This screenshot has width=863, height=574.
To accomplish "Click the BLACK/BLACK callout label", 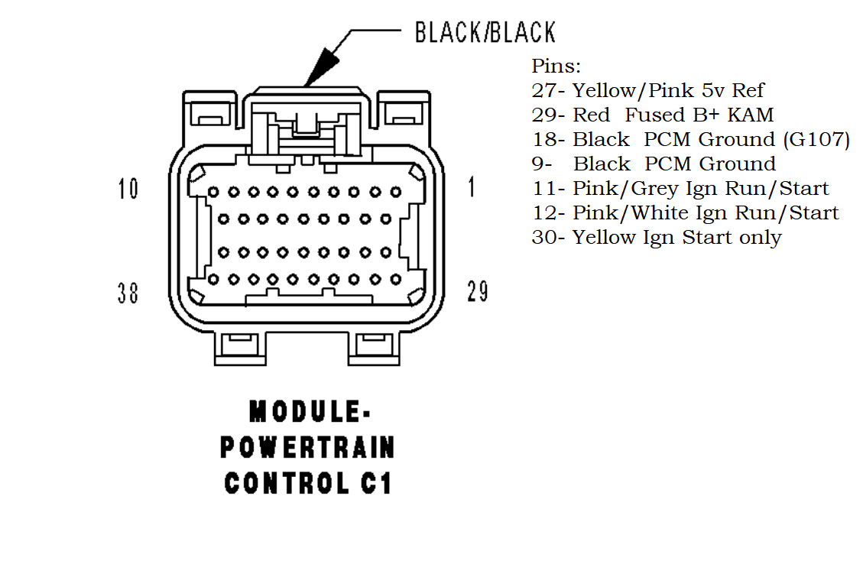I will [x=485, y=32].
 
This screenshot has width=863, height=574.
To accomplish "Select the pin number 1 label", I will [x=471, y=186].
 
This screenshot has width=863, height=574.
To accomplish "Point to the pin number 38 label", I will [x=128, y=292].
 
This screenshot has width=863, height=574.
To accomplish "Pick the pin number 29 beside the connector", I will [x=478, y=290].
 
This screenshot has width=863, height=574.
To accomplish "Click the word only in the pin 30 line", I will [x=760, y=238].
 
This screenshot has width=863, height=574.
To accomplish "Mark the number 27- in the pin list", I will [x=549, y=91].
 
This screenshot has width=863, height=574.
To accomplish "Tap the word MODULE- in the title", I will [x=310, y=413].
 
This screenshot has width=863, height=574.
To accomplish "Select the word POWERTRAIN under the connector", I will [x=308, y=447].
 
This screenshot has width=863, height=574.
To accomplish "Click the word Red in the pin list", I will [x=592, y=115].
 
